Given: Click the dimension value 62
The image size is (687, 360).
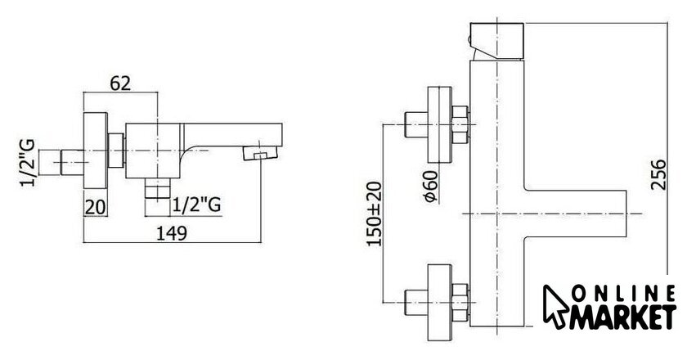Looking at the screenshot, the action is coord(120,83).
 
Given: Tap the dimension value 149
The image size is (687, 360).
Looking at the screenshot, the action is coord(172,233).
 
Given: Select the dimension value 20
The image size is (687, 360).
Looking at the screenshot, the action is coord(95,207).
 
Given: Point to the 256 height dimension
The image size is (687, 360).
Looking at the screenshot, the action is coord(658,174).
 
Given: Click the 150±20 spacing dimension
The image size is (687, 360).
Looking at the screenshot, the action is coord(375,214).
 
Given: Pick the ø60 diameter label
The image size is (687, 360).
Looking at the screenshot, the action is coord(431,186).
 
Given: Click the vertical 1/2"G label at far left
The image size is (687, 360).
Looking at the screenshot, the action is coord(28,163).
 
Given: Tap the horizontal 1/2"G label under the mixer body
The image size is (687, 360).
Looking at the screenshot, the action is coord(196,205).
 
